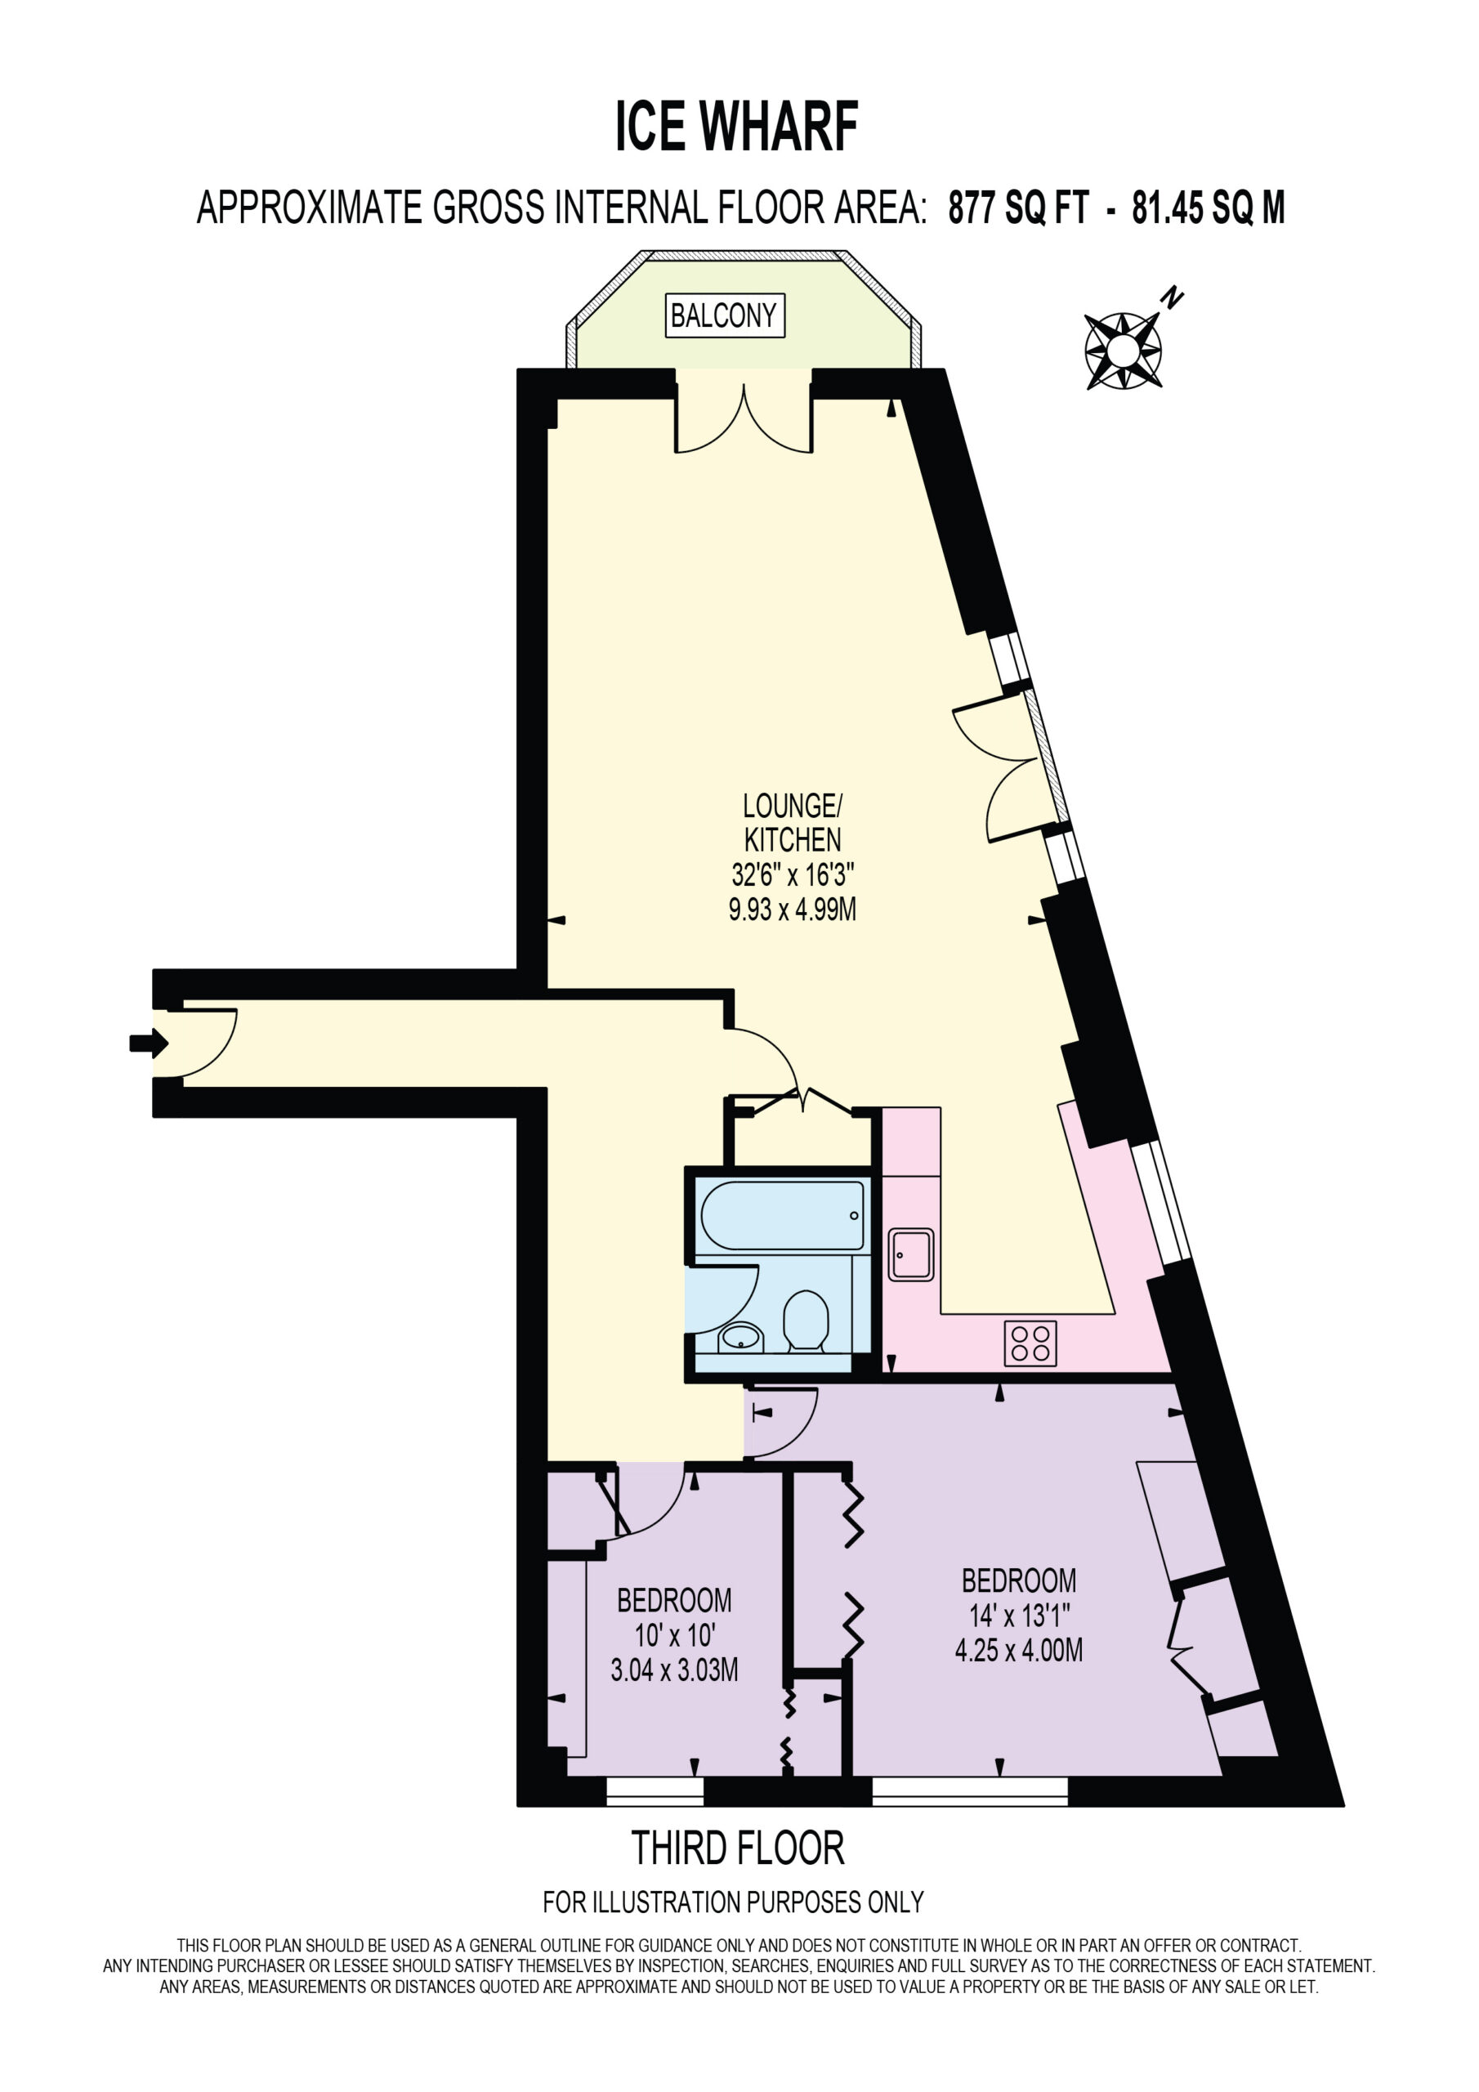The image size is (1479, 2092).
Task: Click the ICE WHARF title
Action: [x=736, y=127]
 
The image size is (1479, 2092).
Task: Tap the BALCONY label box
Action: [x=725, y=316]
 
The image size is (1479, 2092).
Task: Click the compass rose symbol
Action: [x=1123, y=351]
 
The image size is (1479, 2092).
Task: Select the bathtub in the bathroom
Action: [x=782, y=1215]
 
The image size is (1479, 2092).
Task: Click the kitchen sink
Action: [x=911, y=1254]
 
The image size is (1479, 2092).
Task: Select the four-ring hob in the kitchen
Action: [x=1030, y=1343]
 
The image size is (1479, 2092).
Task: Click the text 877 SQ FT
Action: [x=1018, y=208]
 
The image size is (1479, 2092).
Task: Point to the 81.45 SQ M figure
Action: [x=1209, y=208]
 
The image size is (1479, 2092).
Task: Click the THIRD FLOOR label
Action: [x=738, y=1848]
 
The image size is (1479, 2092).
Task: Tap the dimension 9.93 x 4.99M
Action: [x=792, y=910]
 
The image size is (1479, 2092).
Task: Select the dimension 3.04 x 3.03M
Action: [x=674, y=1670]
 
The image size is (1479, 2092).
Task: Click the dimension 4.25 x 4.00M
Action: [x=1019, y=1650]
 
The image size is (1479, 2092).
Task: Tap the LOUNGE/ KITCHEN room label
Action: [x=793, y=822]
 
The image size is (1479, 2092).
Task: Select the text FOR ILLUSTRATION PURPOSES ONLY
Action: [x=734, y=1902]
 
